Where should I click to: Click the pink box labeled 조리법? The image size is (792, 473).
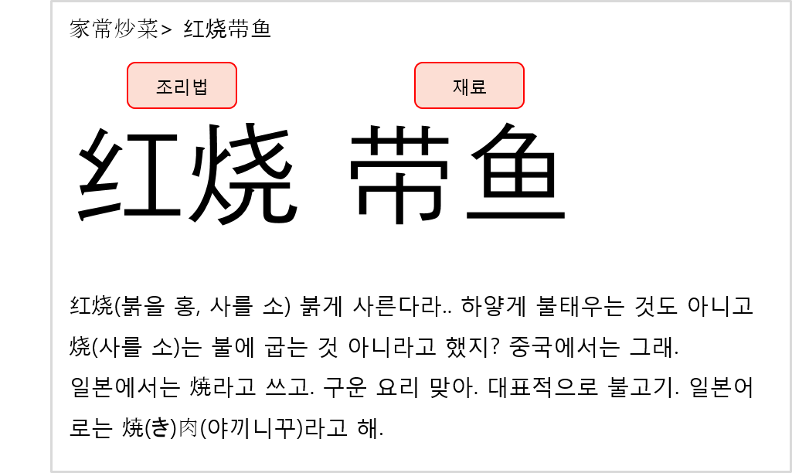tap(182, 85)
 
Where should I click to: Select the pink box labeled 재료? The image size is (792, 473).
tap(469, 85)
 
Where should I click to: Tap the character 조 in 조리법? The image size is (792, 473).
tap(164, 87)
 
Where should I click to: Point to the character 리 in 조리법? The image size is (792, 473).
tap(182, 87)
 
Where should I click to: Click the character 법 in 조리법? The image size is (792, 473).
tap(200, 87)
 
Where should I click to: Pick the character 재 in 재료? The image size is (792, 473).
tap(461, 87)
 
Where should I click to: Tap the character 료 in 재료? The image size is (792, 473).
tap(478, 87)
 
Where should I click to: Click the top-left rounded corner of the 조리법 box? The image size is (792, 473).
tap(130, 65)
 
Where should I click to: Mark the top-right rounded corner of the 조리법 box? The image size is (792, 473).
tap(234, 65)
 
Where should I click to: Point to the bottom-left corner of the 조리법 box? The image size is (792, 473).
tap(130, 106)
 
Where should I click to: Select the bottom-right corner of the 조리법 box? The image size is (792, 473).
tap(234, 106)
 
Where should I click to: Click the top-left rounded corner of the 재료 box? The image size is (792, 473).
tap(417, 65)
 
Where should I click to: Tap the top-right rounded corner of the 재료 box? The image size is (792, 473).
tap(522, 65)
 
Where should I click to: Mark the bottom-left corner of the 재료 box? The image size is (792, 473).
tap(417, 106)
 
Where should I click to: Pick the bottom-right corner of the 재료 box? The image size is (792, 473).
tap(522, 106)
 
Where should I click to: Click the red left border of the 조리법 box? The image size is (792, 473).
tap(127, 85)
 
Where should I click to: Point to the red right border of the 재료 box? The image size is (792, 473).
tap(524, 85)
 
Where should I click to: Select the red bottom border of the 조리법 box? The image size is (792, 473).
tap(182, 108)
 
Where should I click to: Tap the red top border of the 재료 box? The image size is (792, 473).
tap(469, 63)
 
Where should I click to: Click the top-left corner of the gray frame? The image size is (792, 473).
tap(52, 2)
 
